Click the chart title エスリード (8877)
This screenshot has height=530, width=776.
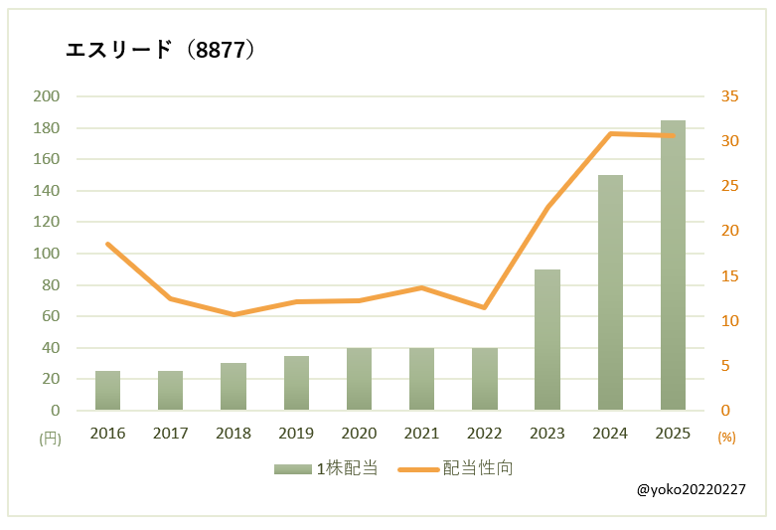pyautogui.click(x=160, y=51)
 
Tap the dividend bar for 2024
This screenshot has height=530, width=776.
pyautogui.click(x=610, y=292)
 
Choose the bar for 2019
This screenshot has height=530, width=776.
pyautogui.click(x=296, y=383)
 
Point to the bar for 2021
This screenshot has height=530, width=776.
pyautogui.click(x=421, y=379)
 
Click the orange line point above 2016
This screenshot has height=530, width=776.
pyautogui.click(x=107, y=244)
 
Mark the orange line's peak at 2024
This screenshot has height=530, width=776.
pyautogui.click(x=610, y=133)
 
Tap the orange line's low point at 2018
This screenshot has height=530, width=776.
pyautogui.click(x=233, y=314)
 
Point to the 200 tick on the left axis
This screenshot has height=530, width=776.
pyautogui.click(x=46, y=96)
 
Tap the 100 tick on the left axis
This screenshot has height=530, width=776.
pyautogui.click(x=46, y=254)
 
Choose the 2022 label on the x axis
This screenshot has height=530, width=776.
pyautogui.click(x=484, y=434)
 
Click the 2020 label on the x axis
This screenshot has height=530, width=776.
pyautogui.click(x=359, y=434)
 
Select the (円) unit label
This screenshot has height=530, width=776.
pyautogui.click(x=50, y=438)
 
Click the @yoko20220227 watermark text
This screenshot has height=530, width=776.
pyautogui.click(x=692, y=490)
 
